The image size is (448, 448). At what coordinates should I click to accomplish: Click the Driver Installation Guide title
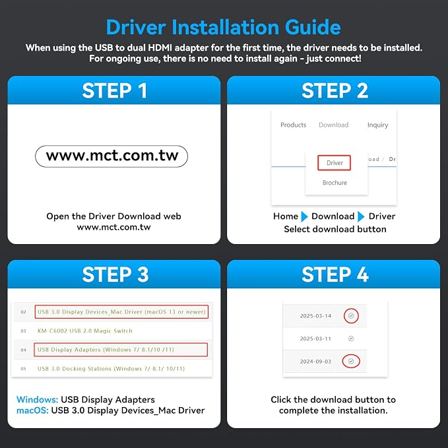224,28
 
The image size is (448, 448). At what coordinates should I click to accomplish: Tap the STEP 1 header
115,91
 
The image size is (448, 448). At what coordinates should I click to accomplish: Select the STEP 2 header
335,91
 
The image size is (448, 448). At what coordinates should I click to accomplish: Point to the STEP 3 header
115,274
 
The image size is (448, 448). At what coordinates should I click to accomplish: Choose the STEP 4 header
335,274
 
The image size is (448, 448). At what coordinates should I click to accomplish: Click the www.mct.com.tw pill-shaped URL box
112,156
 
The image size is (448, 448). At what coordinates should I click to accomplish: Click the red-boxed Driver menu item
335,163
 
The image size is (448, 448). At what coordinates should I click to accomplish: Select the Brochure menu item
335,183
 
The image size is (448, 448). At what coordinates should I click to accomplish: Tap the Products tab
293,125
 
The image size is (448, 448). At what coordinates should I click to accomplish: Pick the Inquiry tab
377,125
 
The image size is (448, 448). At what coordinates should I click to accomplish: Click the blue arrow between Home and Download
305,216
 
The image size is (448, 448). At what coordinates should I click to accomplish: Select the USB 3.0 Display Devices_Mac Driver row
121,311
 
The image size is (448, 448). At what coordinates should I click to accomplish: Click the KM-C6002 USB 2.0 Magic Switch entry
85,331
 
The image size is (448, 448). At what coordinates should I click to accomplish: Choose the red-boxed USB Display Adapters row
121,350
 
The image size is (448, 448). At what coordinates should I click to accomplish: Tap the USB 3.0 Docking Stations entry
111,369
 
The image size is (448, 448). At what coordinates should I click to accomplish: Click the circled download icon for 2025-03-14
351,316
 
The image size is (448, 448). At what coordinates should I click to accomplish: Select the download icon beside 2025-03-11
351,338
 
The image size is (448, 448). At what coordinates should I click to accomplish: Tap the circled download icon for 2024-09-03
351,362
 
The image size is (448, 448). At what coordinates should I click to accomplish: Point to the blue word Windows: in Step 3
38,399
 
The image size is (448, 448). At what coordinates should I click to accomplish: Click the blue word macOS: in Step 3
32,410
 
